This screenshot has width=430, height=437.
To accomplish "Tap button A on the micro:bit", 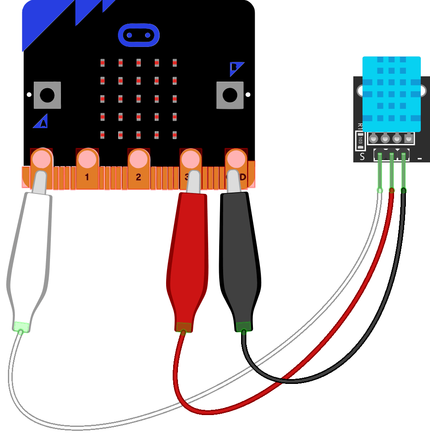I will coord(47,95).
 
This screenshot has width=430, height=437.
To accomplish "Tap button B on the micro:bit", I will coord(229,95).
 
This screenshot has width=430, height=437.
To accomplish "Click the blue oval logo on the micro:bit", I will coord(138,35).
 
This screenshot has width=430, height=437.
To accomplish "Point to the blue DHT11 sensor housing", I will coord(391,94).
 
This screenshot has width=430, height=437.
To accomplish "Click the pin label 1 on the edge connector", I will coord(87,177).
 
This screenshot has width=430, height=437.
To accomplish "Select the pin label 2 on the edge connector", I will coord(139,177).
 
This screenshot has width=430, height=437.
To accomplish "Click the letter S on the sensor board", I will coord(362,157).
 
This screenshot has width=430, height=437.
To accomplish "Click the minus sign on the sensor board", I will coord(420,158).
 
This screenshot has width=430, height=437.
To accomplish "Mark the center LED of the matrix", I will coord(138,98).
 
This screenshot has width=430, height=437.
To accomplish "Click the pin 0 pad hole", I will coord(41,158).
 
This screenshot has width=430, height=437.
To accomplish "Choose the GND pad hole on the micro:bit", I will coord(236,158).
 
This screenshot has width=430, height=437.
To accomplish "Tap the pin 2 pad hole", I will coord(139,158).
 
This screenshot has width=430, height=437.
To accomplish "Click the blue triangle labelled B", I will coord(235,68).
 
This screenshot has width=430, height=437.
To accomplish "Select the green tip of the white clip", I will coord(21,326).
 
